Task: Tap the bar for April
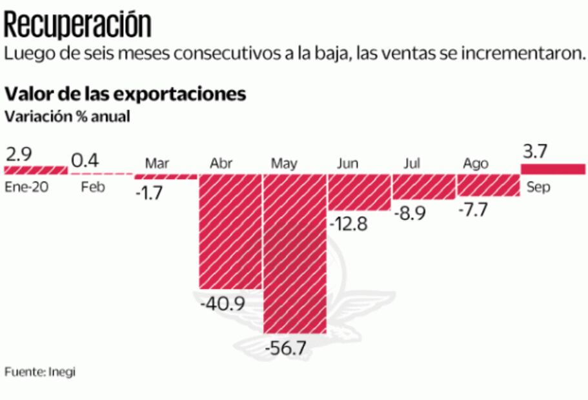pyautogui.click(x=230, y=231)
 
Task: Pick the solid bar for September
pyautogui.click(x=553, y=169)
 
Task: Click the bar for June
pyautogui.click(x=360, y=192)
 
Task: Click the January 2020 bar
pyautogui.click(x=36, y=170)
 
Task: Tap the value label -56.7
pyautogui.click(x=286, y=348)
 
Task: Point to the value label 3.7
pyautogui.click(x=534, y=152)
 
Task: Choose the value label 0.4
pyautogui.click(x=85, y=159)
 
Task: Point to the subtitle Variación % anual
pyautogui.click(x=67, y=117)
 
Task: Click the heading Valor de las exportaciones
pyautogui.click(x=125, y=94)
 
